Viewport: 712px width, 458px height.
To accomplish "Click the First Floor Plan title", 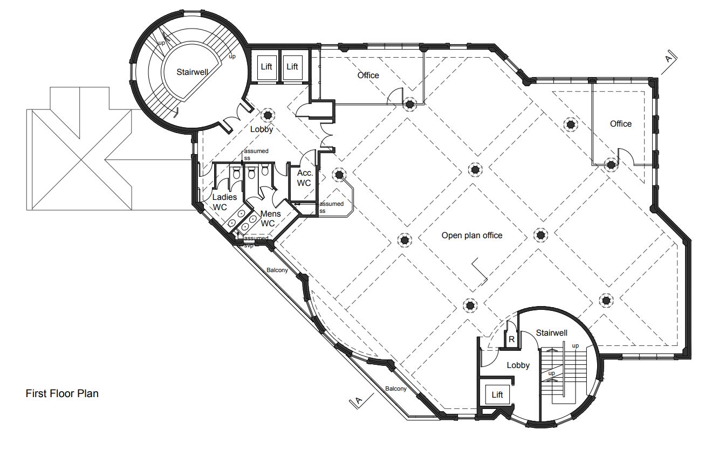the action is (62, 393).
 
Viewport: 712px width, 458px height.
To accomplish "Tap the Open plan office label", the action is (471, 235).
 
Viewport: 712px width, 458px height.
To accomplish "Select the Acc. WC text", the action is (304, 178).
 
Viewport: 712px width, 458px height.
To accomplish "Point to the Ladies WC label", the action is (224, 202).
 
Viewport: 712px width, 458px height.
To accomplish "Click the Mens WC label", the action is (270, 219).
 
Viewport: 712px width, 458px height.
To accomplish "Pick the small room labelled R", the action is (511, 339).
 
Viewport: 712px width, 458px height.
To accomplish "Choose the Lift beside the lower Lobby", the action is (497, 394).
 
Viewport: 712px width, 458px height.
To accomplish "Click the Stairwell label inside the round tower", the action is (193, 72).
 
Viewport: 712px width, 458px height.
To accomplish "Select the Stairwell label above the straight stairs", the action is (551, 333).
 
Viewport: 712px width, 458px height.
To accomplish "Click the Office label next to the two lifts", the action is (368, 75).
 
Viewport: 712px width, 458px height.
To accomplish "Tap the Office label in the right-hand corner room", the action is (620, 124).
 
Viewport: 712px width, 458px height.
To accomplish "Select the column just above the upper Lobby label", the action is (268, 115).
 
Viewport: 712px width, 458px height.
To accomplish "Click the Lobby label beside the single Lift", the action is (518, 365).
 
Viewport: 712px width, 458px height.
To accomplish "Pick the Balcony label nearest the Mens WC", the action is (277, 270).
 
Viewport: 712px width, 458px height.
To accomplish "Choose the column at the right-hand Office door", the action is (611, 165).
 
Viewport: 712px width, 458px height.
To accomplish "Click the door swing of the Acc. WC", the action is (307, 157).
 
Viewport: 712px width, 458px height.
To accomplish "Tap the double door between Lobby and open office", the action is (326, 136).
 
